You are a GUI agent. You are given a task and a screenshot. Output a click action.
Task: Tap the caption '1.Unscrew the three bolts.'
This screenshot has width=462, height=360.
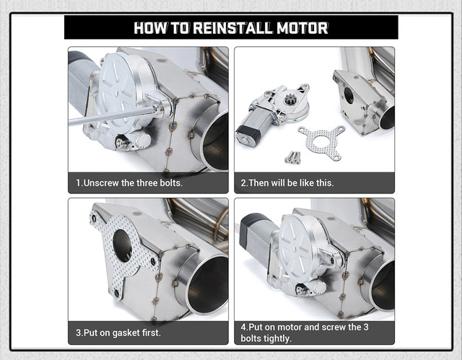click(130, 183)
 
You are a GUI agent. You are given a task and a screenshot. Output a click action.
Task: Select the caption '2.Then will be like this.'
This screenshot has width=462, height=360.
click(287, 183)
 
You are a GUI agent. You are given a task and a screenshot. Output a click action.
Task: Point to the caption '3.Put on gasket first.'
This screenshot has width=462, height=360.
click(118, 333)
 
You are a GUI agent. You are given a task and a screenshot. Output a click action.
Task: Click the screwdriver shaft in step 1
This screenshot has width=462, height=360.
click(108, 115)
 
